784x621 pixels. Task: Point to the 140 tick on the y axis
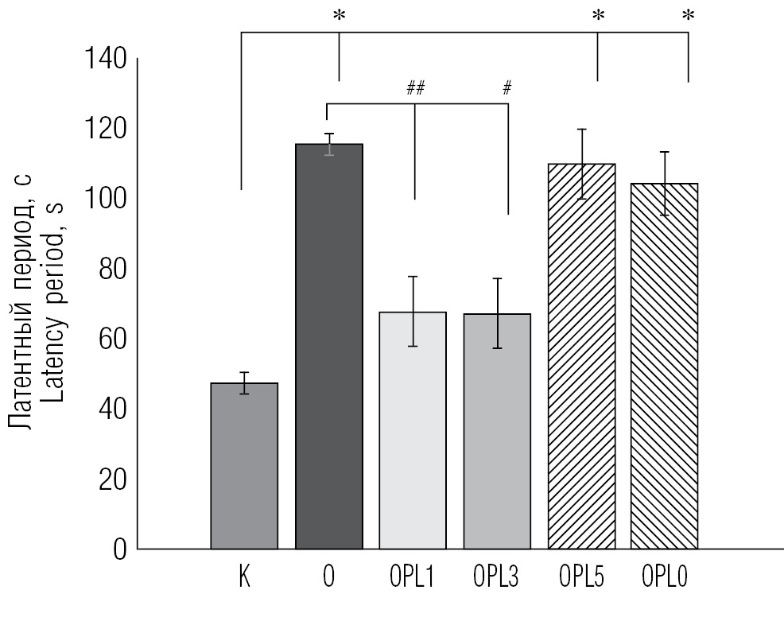pos(106,60)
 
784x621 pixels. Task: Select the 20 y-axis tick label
pos(113,479)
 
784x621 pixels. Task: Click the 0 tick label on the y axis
pos(119,549)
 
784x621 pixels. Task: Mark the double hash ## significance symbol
pos(415,89)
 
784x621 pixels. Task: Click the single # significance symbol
pos(506,89)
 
